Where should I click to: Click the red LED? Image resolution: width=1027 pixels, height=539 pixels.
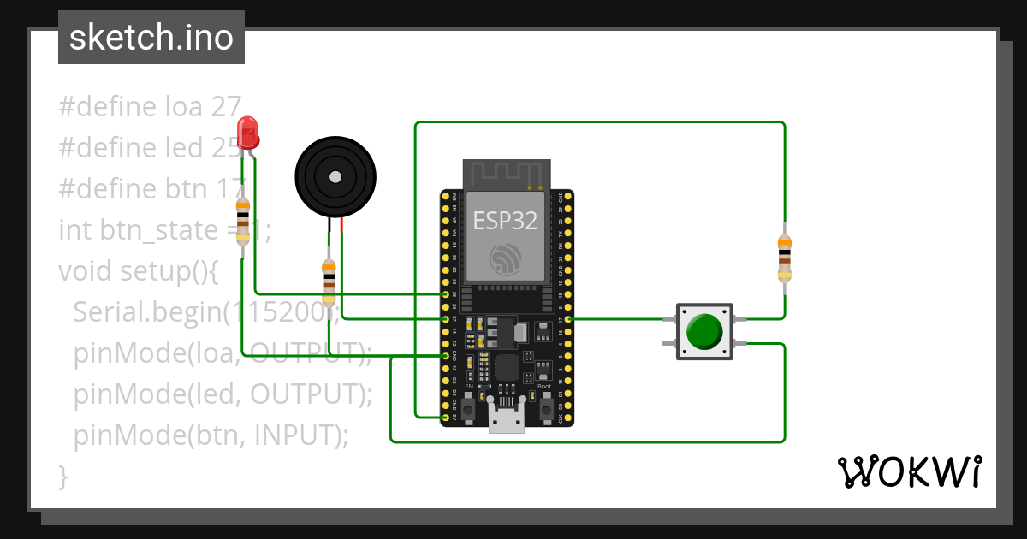click(x=248, y=133)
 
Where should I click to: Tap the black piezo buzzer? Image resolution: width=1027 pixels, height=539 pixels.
click(x=335, y=176)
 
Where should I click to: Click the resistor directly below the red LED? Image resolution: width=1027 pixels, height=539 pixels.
click(x=243, y=221)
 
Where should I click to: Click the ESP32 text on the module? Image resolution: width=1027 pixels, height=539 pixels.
click(x=506, y=221)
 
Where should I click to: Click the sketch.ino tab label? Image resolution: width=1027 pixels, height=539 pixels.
click(x=151, y=38)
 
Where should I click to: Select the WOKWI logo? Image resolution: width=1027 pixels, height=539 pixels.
click(x=909, y=471)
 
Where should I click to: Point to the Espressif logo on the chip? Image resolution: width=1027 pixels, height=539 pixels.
click(x=506, y=258)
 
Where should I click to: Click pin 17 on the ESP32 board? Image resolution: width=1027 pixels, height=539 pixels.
click(x=568, y=319)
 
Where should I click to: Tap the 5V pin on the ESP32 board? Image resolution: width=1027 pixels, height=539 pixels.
click(x=445, y=417)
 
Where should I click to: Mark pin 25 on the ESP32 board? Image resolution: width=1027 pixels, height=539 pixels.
click(x=445, y=294)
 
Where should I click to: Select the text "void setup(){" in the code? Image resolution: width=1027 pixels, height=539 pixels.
click(x=139, y=271)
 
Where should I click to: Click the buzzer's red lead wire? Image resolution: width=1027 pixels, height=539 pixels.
click(x=341, y=225)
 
